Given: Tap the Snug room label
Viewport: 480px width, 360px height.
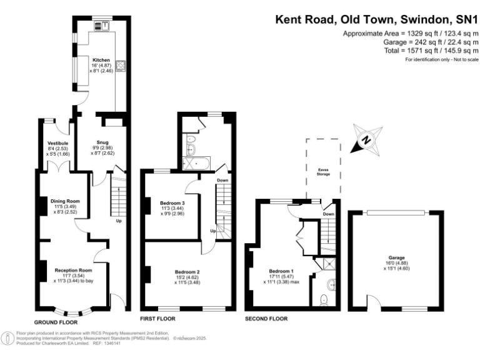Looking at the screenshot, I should (x=102, y=142).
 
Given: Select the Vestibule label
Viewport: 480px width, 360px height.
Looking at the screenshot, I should (x=57, y=143).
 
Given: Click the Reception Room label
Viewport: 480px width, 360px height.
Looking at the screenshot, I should (x=72, y=270).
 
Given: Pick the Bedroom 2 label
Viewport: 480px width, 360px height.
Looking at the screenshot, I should (x=187, y=272).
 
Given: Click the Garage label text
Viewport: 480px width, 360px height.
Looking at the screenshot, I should (x=396, y=257).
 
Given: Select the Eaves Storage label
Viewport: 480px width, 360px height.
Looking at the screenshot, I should (x=323, y=169).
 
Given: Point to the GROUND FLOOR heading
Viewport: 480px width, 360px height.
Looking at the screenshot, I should (x=55, y=322).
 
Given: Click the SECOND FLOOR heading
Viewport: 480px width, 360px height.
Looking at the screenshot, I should (x=266, y=318).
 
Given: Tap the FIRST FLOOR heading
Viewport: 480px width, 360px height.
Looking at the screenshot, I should (x=159, y=309).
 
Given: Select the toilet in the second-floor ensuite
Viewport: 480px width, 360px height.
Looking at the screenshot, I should (x=323, y=300).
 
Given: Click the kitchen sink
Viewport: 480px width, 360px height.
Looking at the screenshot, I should (x=100, y=26).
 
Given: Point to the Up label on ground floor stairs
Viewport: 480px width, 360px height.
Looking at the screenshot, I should (x=118, y=221).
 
